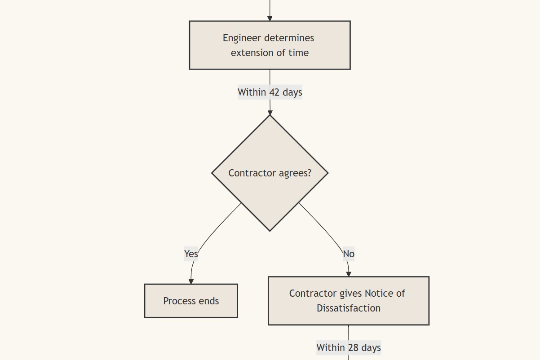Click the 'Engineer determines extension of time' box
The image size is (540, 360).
click(270, 45)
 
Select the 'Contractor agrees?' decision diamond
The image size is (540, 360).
click(270, 173)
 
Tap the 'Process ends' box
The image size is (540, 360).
click(191, 301)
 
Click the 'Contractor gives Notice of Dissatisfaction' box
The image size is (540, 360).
click(348, 301)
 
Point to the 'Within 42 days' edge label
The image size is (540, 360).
click(270, 92)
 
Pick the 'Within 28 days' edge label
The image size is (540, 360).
click(348, 347)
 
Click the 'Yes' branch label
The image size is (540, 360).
click(191, 254)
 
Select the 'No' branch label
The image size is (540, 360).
click(349, 254)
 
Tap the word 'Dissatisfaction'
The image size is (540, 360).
click(348, 308)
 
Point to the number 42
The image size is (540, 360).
click(274, 92)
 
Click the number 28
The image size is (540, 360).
click(353, 347)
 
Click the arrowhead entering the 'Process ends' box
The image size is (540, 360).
click(191, 281)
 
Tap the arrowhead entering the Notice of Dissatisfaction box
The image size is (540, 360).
click(349, 274)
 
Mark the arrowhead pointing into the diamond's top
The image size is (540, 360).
click(270, 113)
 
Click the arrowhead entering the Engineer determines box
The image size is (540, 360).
click(270, 18)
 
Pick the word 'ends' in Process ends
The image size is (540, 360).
click(209, 301)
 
